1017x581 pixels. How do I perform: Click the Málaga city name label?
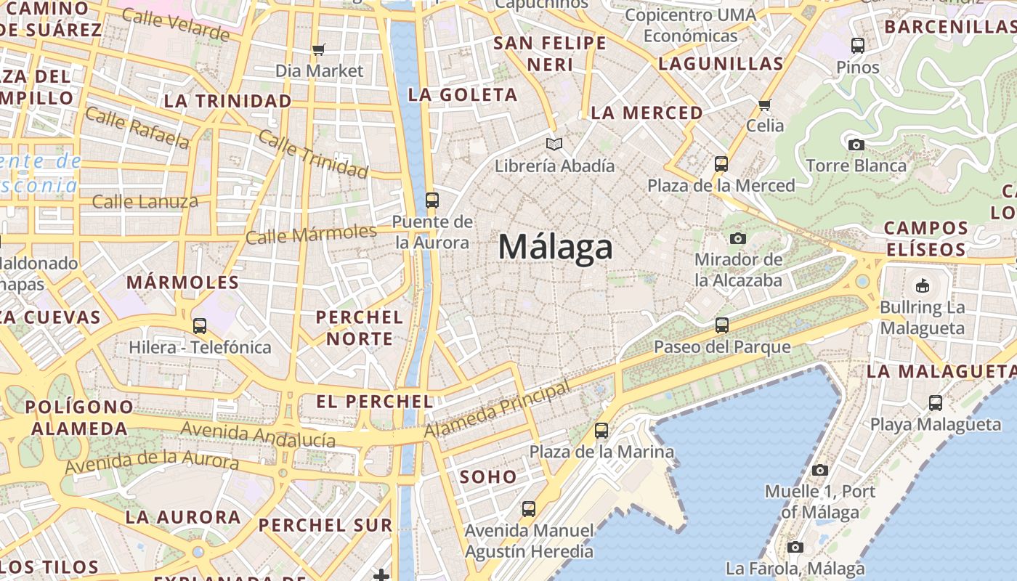click(x=556, y=248)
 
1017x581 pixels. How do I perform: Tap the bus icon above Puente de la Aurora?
click(x=432, y=200)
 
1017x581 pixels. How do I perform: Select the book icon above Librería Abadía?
click(x=554, y=144)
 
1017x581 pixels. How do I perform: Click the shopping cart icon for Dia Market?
click(x=318, y=49)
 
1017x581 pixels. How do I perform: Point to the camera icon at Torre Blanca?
click(x=856, y=145)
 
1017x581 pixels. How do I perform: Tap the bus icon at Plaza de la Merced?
click(x=721, y=163)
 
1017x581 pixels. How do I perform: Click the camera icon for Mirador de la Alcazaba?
click(x=738, y=238)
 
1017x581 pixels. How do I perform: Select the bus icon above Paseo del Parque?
click(x=721, y=325)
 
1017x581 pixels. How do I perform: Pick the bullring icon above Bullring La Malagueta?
click(x=923, y=285)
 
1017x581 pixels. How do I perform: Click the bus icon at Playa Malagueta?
click(x=936, y=402)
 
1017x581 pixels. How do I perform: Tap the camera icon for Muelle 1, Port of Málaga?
click(x=820, y=470)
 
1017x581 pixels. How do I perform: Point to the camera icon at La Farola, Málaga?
click(x=795, y=547)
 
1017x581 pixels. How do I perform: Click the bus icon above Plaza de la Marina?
click(x=601, y=430)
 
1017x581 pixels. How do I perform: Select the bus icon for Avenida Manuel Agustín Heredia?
click(x=529, y=509)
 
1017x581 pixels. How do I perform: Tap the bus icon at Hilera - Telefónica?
click(x=200, y=325)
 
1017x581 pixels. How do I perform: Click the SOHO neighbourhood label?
click(x=488, y=477)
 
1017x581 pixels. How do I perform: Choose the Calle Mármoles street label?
click(x=311, y=235)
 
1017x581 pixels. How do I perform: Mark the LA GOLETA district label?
click(x=463, y=94)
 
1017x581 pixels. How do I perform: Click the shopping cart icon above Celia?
click(x=764, y=105)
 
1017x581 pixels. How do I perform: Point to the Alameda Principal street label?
click(x=498, y=410)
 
